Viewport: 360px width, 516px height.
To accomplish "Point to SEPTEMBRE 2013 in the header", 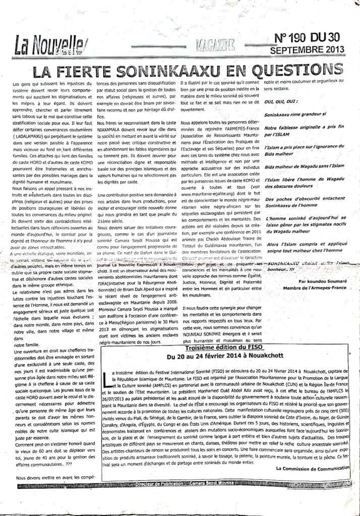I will click(x=307, y=50).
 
